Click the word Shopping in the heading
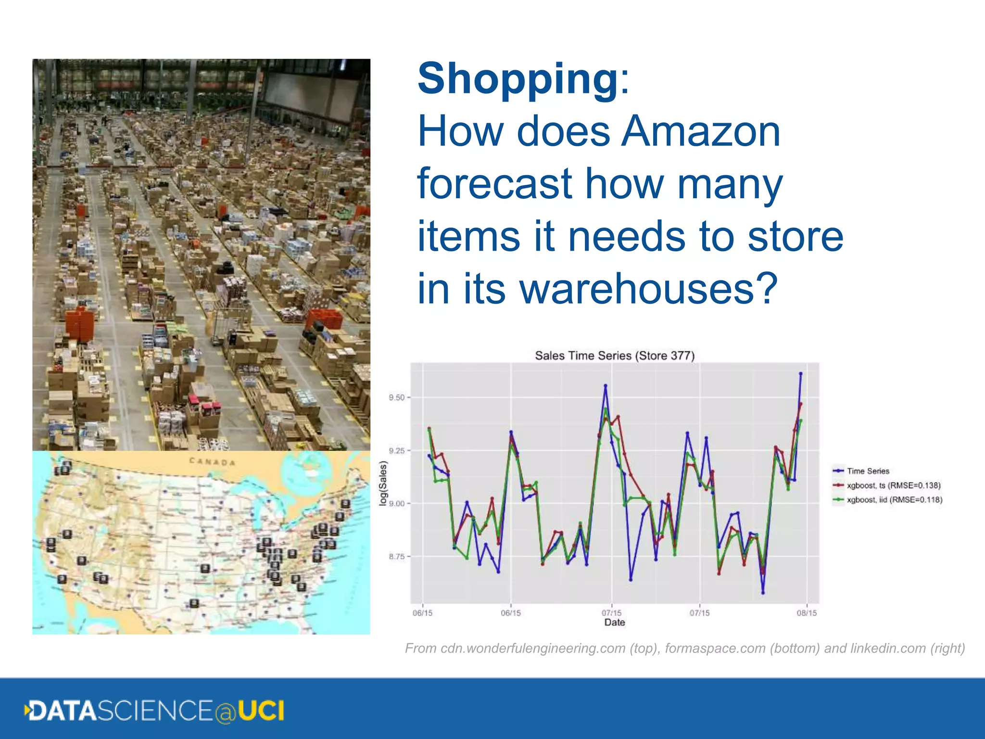click(518, 79)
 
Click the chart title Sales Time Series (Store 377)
click(615, 356)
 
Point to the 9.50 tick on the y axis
click(396, 397)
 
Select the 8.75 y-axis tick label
click(396, 557)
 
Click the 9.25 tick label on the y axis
click(396, 451)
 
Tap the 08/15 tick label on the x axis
click(807, 613)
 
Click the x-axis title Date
click(615, 623)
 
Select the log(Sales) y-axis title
click(383, 483)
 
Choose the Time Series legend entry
click(868, 471)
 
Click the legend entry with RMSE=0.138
click(893, 485)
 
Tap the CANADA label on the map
click(212, 462)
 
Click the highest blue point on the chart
click(800, 373)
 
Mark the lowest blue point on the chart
click(763, 593)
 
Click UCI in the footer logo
click(261, 711)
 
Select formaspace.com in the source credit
click(715, 649)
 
